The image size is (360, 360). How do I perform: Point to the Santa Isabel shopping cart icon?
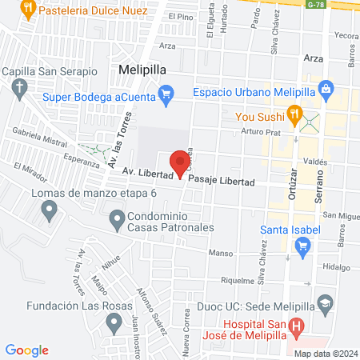point(302,247)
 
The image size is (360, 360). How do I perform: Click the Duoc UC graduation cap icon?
point(326,304)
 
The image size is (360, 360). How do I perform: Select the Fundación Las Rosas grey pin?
point(114,322)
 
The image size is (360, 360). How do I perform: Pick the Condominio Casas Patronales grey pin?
point(117,218)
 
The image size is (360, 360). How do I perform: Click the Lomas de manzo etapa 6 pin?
point(50,210)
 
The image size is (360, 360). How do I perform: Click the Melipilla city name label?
point(142,70)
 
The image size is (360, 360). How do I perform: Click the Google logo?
point(27,350)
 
